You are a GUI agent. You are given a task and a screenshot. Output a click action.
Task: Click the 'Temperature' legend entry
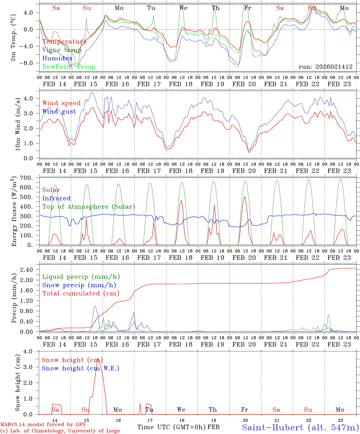pyautogui.click(x=64, y=42)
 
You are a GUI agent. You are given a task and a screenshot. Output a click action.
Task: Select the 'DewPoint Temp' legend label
pyautogui.click(x=69, y=67)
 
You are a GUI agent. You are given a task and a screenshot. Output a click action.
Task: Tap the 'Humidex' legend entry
pyautogui.click(x=57, y=58)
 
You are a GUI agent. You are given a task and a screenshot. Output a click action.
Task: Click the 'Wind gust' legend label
pyautogui.click(x=59, y=112)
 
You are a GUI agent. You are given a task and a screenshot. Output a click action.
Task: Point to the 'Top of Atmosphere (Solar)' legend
pyautogui.click(x=88, y=207)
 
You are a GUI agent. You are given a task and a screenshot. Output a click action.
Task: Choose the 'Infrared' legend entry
pyautogui.click(x=56, y=198)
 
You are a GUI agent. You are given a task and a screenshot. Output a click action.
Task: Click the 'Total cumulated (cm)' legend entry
pyautogui.click(x=81, y=293)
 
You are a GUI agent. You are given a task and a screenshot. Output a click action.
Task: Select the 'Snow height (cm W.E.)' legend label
pyautogui.click(x=80, y=368)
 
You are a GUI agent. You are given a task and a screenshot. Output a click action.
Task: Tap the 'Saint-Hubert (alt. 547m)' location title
pyautogui.click(x=300, y=427)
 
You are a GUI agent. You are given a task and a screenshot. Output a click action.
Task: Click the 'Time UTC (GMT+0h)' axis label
pyautogui.click(x=171, y=427)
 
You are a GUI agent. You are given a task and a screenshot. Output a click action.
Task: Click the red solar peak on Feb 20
pyautogui.click(x=245, y=197)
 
